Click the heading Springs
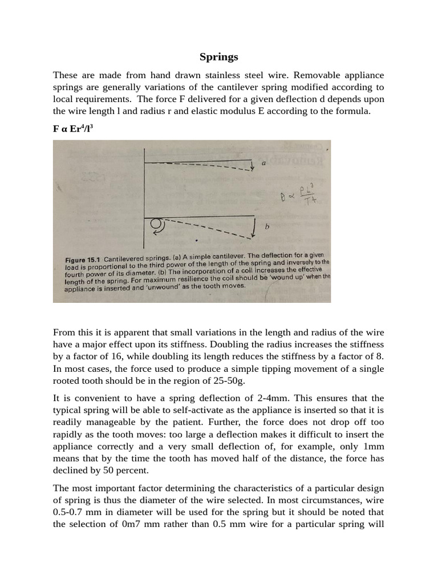(x=219, y=57)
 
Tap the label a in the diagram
(x=263, y=163)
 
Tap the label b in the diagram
(x=266, y=226)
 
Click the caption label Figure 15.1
(x=83, y=259)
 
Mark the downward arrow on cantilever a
(x=252, y=165)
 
